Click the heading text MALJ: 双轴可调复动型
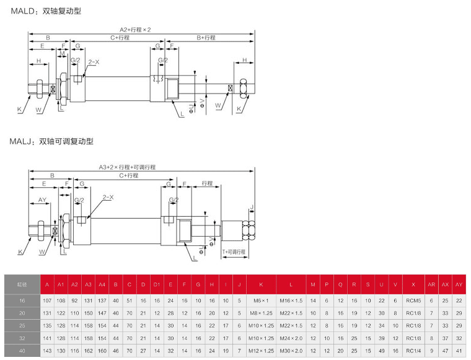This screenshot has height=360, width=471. tap(51, 141)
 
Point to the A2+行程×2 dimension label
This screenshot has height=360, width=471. tap(135, 29)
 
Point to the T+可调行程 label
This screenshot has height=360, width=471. tap(234, 252)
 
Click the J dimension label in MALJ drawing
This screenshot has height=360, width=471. tap(252, 207)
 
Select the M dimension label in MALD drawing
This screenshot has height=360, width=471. tap(62, 54)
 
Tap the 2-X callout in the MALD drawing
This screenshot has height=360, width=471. tap(94, 62)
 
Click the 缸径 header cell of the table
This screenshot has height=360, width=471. tap(21, 284)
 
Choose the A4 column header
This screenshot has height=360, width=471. tap(102, 284)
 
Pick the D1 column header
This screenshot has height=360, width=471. tap(157, 284)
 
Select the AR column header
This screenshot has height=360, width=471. tap(432, 284)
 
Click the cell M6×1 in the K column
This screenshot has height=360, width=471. tap(261, 300)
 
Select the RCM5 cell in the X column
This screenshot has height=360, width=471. tap(413, 300)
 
